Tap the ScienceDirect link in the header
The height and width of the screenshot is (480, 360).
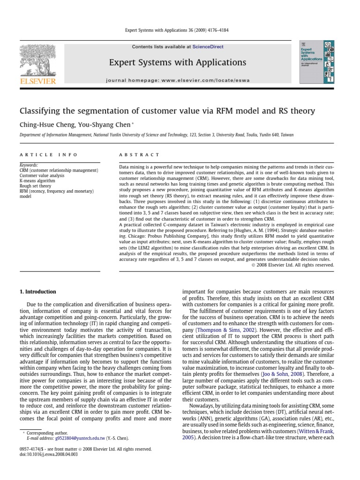coord(208,47)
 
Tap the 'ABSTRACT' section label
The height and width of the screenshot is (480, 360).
coord(139,155)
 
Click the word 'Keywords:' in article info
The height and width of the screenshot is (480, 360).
coord(29,165)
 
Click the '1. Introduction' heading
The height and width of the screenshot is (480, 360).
coord(37,292)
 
